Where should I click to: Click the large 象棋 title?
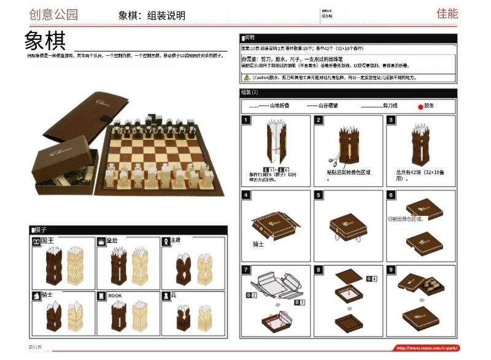45,40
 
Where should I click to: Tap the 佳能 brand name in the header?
447,13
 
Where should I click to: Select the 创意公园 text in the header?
54,14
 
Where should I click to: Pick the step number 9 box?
391,269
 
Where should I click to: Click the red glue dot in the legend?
420,106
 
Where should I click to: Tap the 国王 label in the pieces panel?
47,241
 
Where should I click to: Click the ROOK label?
115,296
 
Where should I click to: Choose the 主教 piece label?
176,241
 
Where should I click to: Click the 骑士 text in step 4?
258,243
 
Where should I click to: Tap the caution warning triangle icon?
246,78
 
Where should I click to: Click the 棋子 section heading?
41,230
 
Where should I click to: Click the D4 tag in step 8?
371,279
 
